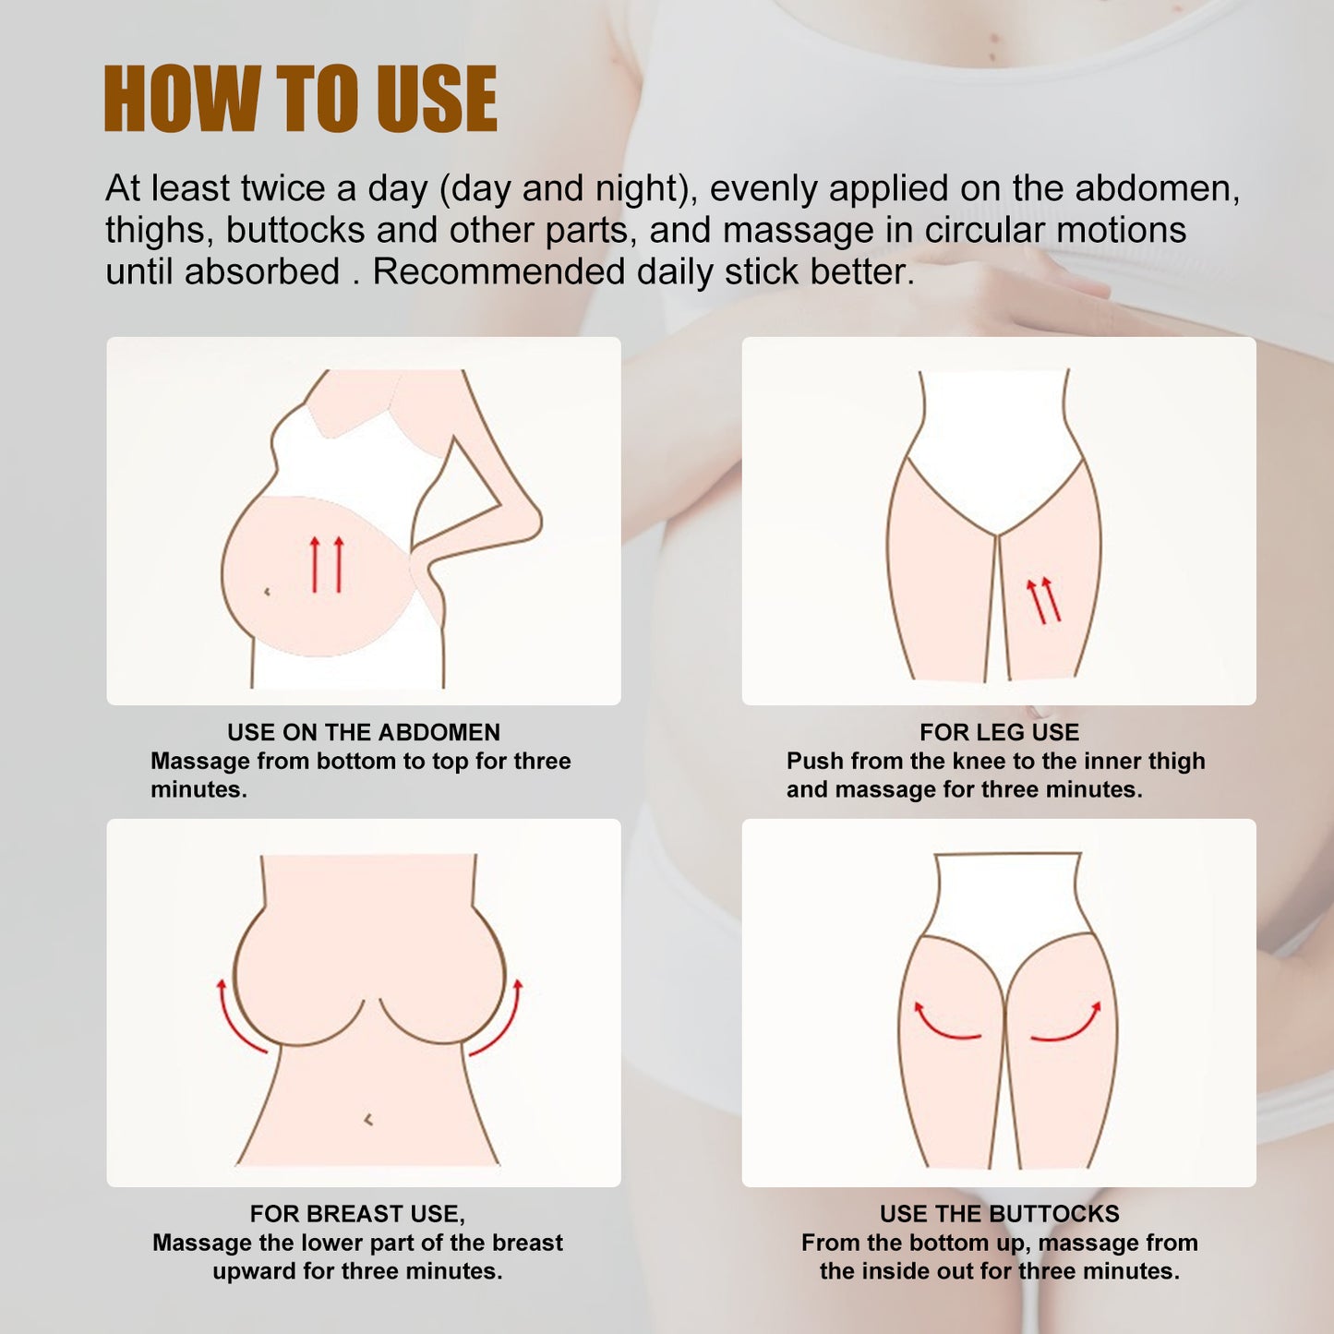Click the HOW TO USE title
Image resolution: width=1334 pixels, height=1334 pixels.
click(300, 100)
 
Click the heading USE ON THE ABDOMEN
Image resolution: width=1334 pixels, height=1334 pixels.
click(363, 732)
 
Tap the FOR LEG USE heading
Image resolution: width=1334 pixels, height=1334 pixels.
click(999, 732)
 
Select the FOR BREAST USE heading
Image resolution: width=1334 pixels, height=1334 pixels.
click(357, 1213)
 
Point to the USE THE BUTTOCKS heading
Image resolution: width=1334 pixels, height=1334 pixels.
click(999, 1213)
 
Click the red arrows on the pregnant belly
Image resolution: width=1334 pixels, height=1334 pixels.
click(326, 564)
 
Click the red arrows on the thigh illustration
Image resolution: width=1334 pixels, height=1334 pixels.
click(1044, 600)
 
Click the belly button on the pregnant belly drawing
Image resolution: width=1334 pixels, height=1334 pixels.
click(267, 591)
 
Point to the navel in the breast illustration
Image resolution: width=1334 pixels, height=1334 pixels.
click(368, 1120)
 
